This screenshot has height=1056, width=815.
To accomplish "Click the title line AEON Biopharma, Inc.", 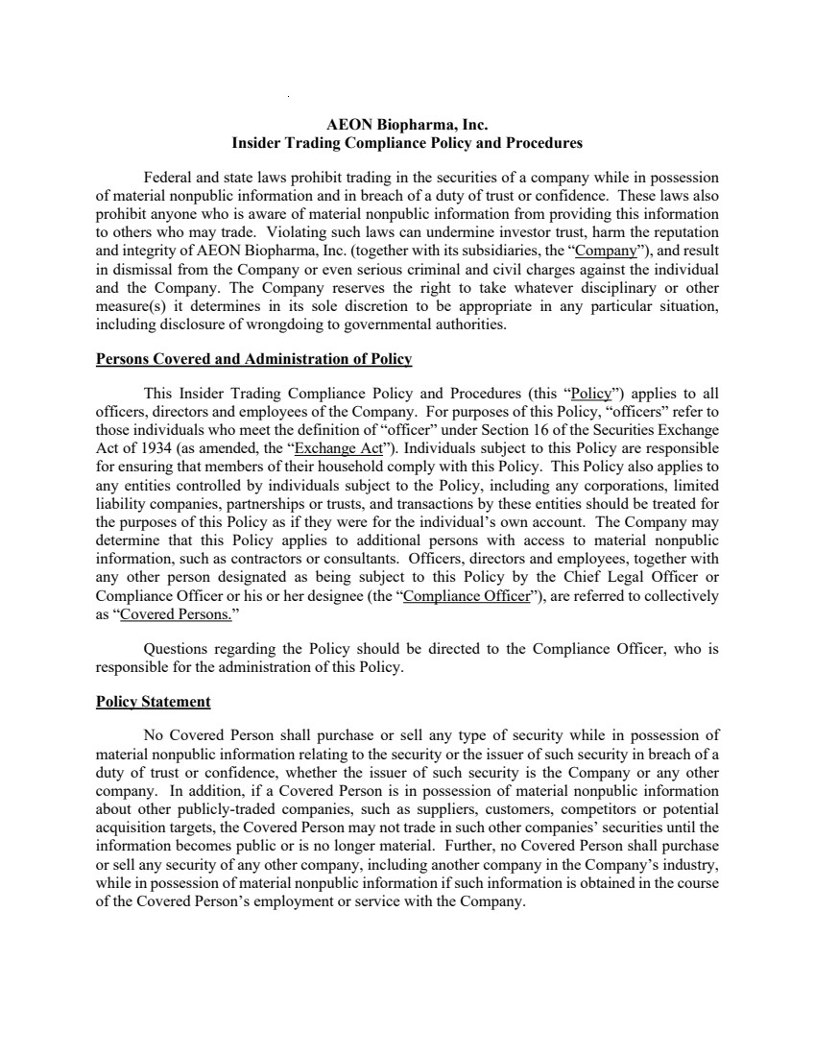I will point(407,125).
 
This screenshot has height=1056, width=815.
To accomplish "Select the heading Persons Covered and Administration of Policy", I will point(253,359).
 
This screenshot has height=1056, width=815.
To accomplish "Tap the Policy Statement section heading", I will point(154,702).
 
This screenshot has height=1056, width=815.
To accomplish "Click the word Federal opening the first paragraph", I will point(166,178).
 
